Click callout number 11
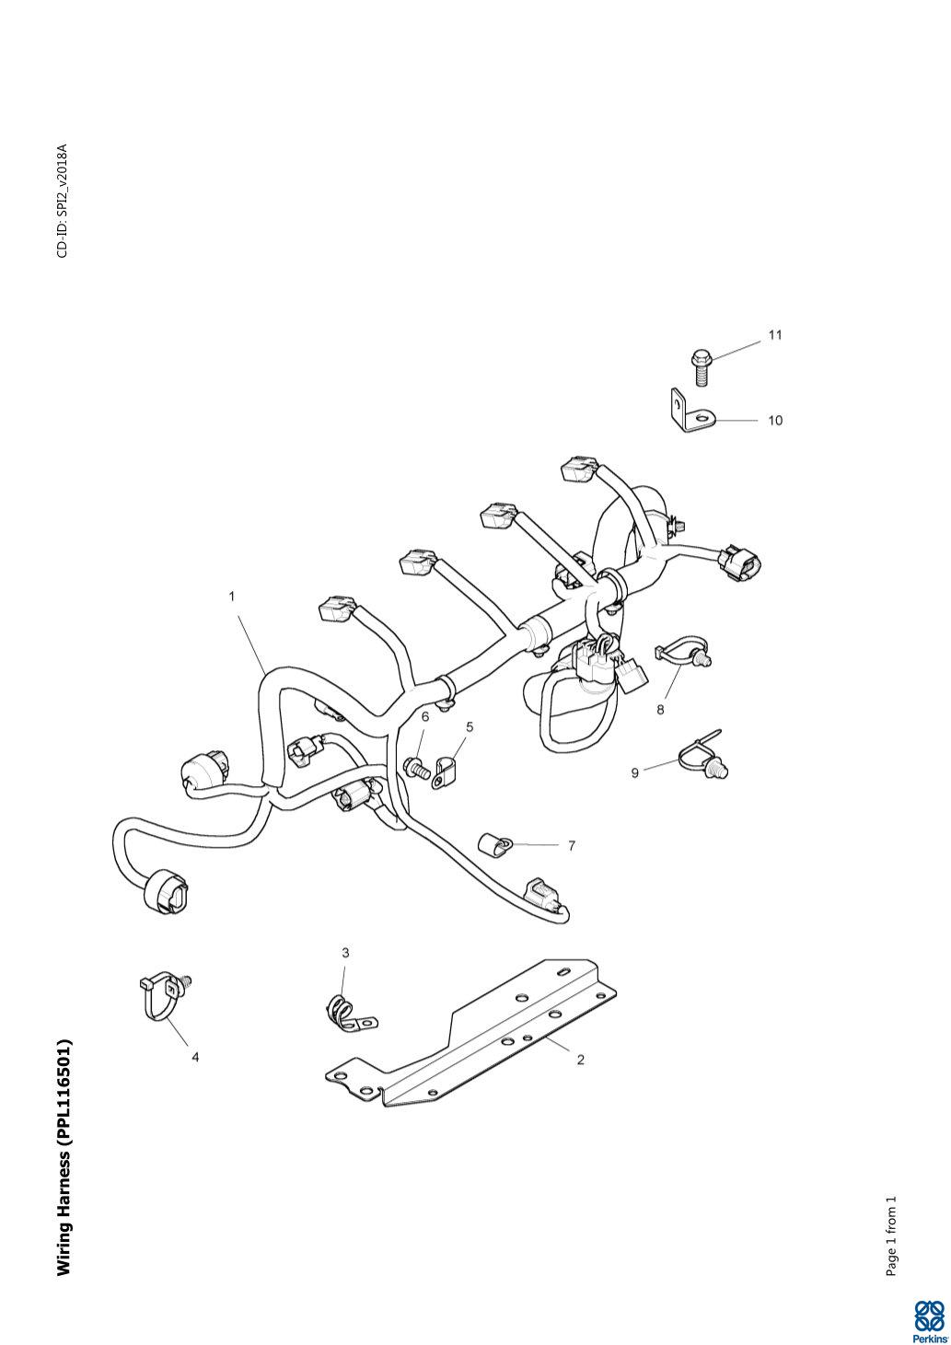pyautogui.click(x=775, y=335)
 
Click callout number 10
pyautogui.click(x=775, y=421)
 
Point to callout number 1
pyautogui.click(x=232, y=597)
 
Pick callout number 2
pyautogui.click(x=580, y=1060)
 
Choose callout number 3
pyautogui.click(x=346, y=953)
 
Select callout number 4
pyautogui.click(x=195, y=1058)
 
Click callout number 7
pyautogui.click(x=572, y=845)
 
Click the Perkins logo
pyautogui.click(x=928, y=1321)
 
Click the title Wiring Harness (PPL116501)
pyautogui.click(x=64, y=1157)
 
